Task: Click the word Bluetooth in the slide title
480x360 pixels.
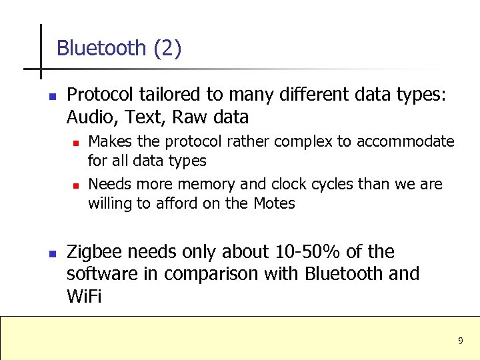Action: pyautogui.click(x=101, y=48)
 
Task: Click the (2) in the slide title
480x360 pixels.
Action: pyautogui.click(x=167, y=48)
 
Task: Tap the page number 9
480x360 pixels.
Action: pyautogui.click(x=460, y=341)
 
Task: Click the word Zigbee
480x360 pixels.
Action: pyautogui.click(x=94, y=252)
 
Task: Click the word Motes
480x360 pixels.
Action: pyautogui.click(x=274, y=203)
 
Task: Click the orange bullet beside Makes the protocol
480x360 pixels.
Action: pyautogui.click(x=76, y=143)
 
